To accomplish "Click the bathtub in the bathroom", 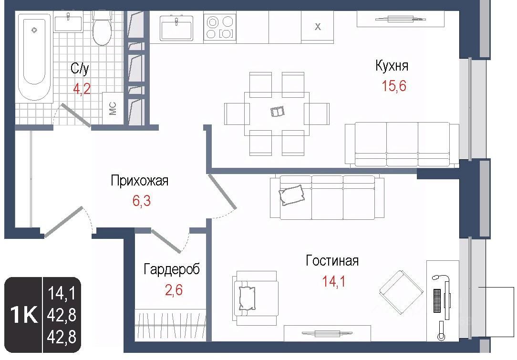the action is point(34,58).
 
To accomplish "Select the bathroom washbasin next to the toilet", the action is point(68,22).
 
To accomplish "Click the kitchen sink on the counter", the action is point(176,28).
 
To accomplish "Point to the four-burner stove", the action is point(220,27).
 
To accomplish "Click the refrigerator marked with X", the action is point(318,27).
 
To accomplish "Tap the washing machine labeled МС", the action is point(113,108).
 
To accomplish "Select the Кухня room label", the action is point(392,66).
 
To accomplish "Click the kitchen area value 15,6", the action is point(394,86).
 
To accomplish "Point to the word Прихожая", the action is point(139,181).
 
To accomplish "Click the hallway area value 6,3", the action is point(142,200).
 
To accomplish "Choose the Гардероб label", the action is point(172,269).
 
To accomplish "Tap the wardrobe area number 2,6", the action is point(174,290).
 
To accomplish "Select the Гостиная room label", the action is point(332,261).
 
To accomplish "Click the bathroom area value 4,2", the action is point(82,89).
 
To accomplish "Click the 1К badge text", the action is point(24,315).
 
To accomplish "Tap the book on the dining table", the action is point(277,112).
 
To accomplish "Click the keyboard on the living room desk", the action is point(437,301).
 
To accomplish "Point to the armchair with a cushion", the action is point(256,298).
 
